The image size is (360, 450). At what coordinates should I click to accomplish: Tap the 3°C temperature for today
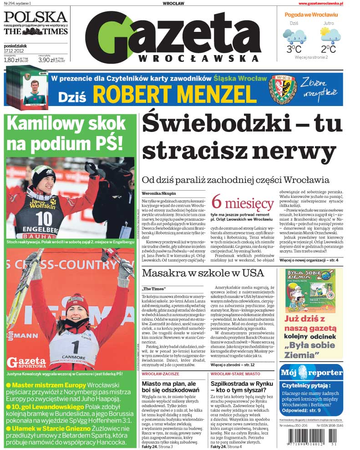click(x=294, y=49)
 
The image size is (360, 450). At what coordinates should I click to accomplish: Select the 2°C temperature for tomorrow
click(x=328, y=49)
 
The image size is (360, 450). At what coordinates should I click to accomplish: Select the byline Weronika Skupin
click(x=158, y=193)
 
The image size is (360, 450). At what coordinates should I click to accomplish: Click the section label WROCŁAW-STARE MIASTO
click(x=235, y=374)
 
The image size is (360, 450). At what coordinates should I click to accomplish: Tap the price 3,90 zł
click(x=46, y=60)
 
